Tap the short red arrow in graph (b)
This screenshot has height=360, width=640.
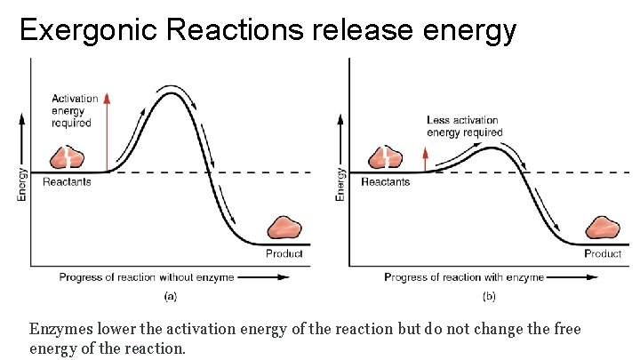(425, 160)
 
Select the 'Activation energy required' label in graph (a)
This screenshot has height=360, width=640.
(75, 111)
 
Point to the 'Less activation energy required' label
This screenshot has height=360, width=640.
(464, 126)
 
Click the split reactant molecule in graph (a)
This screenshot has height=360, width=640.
(65, 157)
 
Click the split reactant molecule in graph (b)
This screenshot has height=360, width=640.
(384, 156)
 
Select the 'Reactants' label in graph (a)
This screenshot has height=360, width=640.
(67, 182)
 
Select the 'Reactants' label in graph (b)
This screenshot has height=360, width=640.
(385, 182)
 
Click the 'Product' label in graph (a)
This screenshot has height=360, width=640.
(284, 253)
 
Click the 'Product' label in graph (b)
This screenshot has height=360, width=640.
(603, 253)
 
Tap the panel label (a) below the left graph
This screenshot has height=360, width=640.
(170, 295)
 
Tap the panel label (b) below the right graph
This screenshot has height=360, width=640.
(488, 295)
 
